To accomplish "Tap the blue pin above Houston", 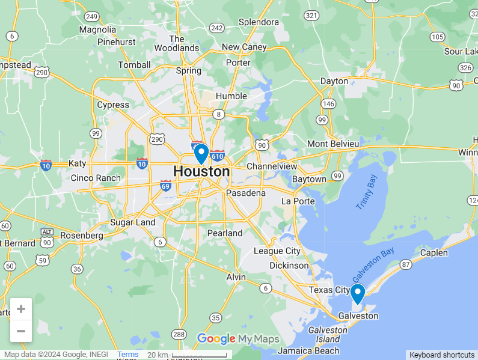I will pos(201,153).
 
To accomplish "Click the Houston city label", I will pos(201,171).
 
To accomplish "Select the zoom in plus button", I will pos(21,309).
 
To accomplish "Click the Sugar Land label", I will pos(132,222).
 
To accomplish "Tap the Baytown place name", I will pos(309,179).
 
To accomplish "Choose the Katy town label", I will pos(78,163).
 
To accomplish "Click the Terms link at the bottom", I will pos(127,355).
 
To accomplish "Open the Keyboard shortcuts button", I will pos(442,355).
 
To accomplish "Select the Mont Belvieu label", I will pos(332,144).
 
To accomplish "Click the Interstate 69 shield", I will pos(165,186).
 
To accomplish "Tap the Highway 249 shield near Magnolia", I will pos(92,16).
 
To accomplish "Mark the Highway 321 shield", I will pos(311,15).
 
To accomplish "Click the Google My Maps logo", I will pos(237,339).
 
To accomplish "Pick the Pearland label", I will pos(225,233).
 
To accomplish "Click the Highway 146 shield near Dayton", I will pos(328,104).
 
